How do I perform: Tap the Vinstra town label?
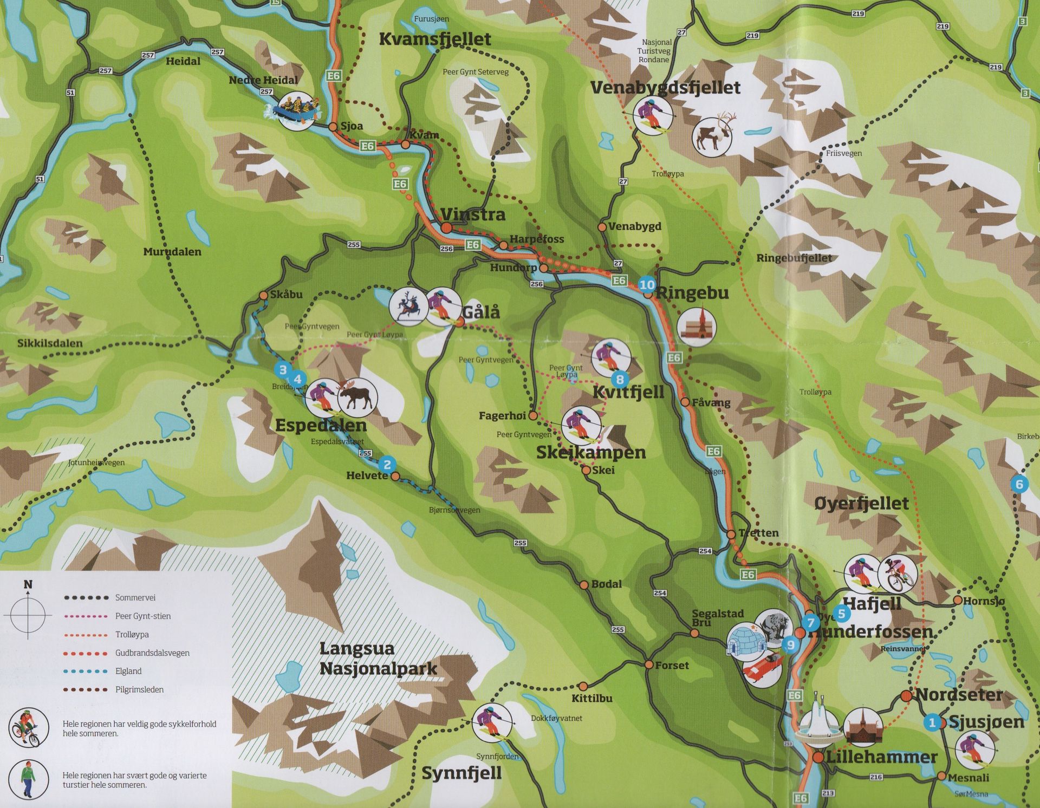point(473,214)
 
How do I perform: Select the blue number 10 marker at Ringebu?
point(647,284)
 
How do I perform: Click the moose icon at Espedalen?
point(356,397)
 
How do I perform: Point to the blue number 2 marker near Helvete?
point(387,465)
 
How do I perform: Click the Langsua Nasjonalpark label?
point(378,659)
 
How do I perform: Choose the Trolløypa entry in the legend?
point(132,634)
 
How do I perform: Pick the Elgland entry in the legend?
point(128,671)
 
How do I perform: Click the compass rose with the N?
point(28,615)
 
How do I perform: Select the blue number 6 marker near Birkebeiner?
point(1019,484)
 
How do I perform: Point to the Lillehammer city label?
point(881,757)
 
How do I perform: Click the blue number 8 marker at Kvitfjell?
point(620,380)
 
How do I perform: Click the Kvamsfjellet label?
point(434,39)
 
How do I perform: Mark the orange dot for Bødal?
point(584,585)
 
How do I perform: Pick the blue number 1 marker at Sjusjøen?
point(932,722)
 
